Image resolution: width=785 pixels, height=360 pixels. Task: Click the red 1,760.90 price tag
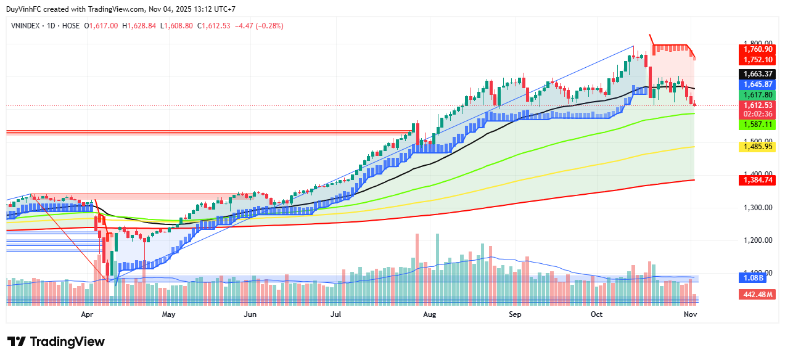pos(758,49)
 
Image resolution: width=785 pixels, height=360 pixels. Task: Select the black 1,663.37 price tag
pos(758,73)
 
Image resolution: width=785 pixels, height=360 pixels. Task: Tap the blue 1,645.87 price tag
pos(758,84)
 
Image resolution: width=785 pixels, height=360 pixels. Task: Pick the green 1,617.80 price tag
pos(758,96)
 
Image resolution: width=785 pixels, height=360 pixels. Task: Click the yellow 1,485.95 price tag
pos(758,147)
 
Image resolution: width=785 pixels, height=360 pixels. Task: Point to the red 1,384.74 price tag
pos(758,180)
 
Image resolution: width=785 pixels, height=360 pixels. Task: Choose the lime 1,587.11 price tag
pos(758,125)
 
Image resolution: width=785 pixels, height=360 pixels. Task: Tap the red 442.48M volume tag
pos(758,295)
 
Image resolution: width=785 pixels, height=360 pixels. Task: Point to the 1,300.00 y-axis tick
pos(758,207)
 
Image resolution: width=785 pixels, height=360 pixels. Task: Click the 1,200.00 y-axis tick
pos(758,240)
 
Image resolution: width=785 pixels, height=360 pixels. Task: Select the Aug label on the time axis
pos(430,314)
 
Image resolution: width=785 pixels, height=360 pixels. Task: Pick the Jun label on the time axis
pos(250,314)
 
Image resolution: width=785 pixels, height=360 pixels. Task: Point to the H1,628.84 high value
pos(139,26)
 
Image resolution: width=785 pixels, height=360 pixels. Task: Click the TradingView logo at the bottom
pos(56,342)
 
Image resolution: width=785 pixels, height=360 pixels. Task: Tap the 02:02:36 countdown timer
pos(758,114)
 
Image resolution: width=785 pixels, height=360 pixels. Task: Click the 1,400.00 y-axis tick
pos(758,174)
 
